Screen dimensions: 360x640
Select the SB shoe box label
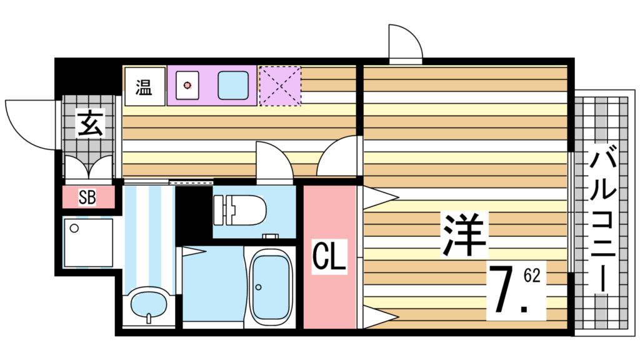click(87, 198)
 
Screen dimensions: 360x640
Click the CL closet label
click(329, 257)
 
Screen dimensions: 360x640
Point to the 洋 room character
click(464, 234)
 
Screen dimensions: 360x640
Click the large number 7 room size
click(505, 291)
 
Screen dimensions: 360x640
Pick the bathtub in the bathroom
click(270, 288)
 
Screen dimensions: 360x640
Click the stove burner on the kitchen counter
click(186, 86)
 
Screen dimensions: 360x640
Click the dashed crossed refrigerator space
click(279, 85)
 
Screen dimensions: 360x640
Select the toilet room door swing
click(274, 161)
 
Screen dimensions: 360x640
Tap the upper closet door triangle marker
click(379, 197)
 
